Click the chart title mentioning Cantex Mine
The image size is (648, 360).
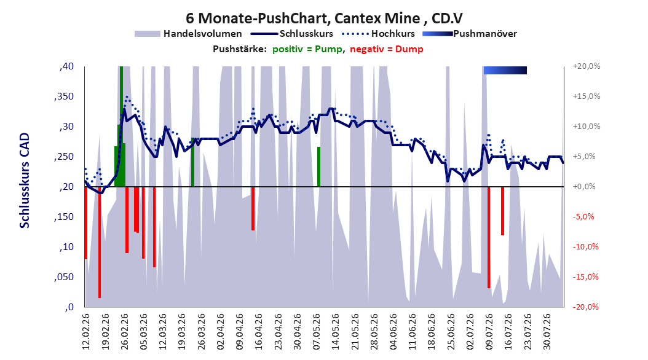click(324, 18)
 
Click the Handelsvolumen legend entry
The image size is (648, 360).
click(188, 34)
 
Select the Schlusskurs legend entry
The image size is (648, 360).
click(292, 34)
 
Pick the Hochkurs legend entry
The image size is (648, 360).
click(379, 34)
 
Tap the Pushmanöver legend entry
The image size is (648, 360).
click(470, 34)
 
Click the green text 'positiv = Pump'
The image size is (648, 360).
click(307, 49)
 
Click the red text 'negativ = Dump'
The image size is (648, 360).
click(387, 49)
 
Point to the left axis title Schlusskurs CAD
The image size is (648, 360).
click(25, 181)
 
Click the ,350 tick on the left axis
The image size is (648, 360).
click(64, 96)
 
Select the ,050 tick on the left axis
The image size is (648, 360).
click(64, 277)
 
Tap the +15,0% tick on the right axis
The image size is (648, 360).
click(587, 96)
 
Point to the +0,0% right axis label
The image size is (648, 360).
click(584, 187)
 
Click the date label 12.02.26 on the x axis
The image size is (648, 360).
click(86, 332)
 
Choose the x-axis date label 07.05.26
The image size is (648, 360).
click(317, 332)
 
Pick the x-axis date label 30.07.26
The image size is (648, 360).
click(547, 332)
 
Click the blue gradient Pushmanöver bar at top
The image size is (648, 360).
click(505, 70)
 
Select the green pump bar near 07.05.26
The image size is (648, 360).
click(318, 166)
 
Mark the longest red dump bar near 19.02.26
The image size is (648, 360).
click(100, 242)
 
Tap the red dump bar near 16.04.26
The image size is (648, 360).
click(253, 208)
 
